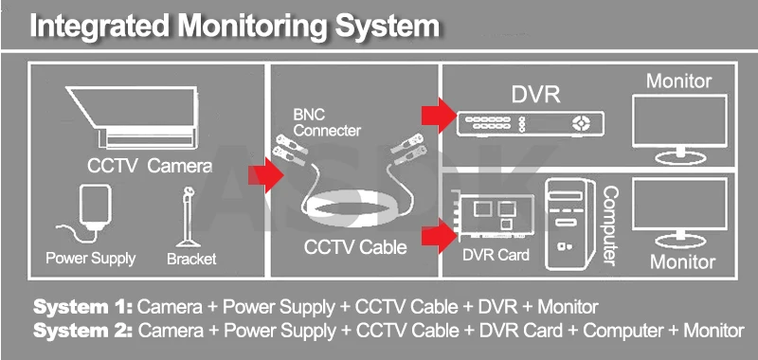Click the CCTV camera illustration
[132, 117]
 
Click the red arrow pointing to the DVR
[439, 115]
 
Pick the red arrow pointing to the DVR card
[439, 235]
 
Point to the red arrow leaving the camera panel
[266, 175]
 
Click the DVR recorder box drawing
[531, 124]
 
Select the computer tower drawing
[570, 225]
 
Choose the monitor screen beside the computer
[679, 212]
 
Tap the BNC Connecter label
[327, 123]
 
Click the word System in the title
[388, 26]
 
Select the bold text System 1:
[82, 307]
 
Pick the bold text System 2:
[83, 331]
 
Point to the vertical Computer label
[610, 225]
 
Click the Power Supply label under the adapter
[90, 259]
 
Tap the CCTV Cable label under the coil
[355, 247]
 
